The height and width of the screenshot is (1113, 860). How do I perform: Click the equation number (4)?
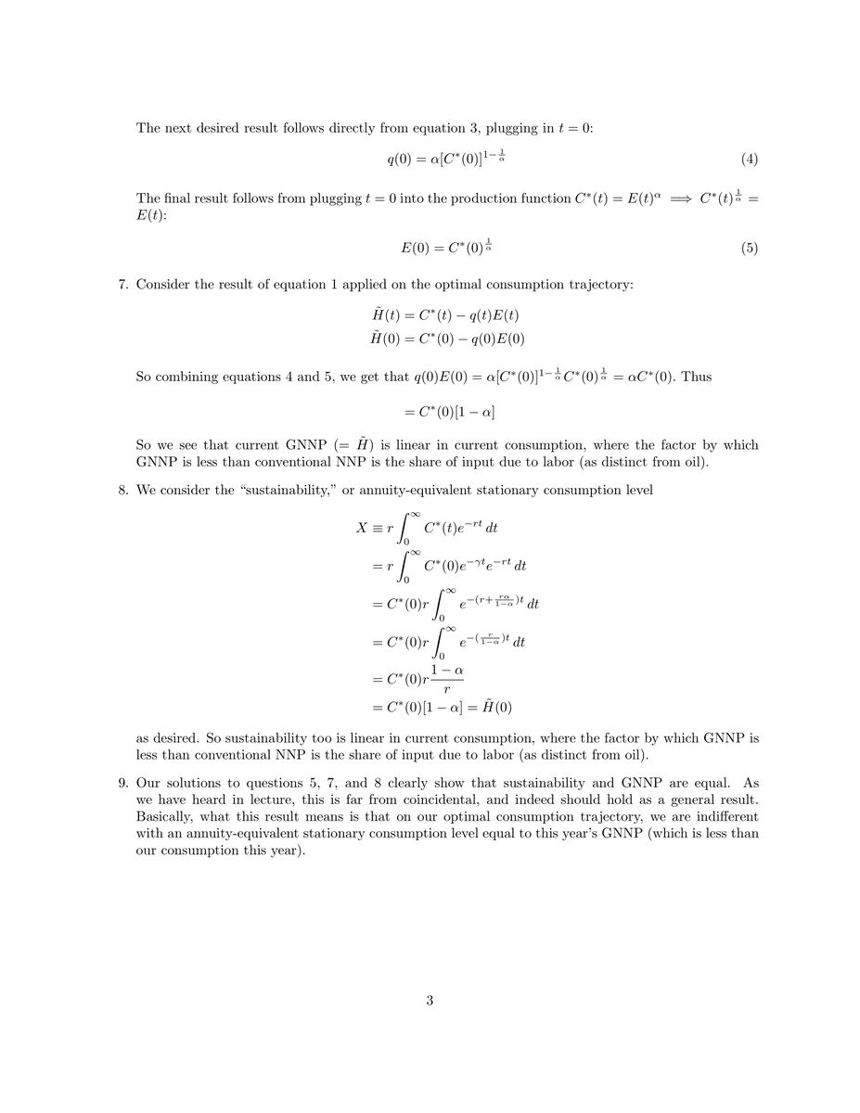tap(750, 160)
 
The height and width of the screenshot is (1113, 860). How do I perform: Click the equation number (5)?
tap(750, 249)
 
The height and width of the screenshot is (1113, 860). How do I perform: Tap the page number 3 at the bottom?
tap(430, 1000)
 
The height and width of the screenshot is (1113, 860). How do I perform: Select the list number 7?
tap(123, 283)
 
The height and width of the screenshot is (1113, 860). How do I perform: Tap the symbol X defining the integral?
tap(362, 528)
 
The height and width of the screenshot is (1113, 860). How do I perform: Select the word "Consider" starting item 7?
tap(163, 283)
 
